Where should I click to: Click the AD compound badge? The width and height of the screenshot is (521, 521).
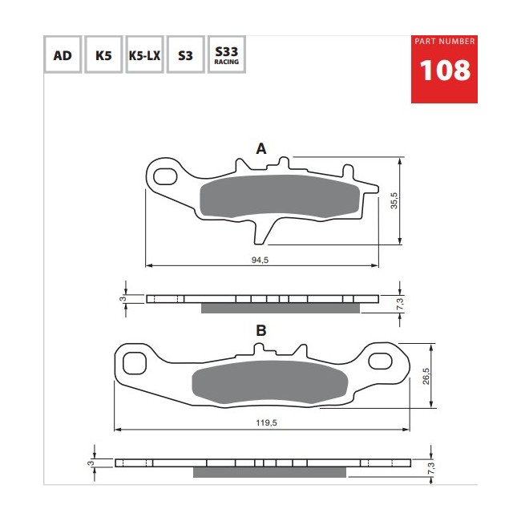point(63,55)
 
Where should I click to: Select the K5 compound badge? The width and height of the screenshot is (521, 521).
point(103,55)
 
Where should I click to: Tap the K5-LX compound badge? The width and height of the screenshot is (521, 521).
point(144,55)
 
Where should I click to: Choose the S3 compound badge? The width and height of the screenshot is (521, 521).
point(185,55)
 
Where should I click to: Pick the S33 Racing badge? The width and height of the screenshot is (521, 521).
point(227,55)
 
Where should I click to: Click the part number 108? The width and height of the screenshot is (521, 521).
point(445,71)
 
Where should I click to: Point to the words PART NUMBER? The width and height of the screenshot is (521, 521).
point(445,41)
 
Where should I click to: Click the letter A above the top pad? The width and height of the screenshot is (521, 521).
point(261,148)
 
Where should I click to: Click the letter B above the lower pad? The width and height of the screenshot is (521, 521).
point(261,330)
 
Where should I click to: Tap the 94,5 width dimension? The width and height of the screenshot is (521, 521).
point(260,260)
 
